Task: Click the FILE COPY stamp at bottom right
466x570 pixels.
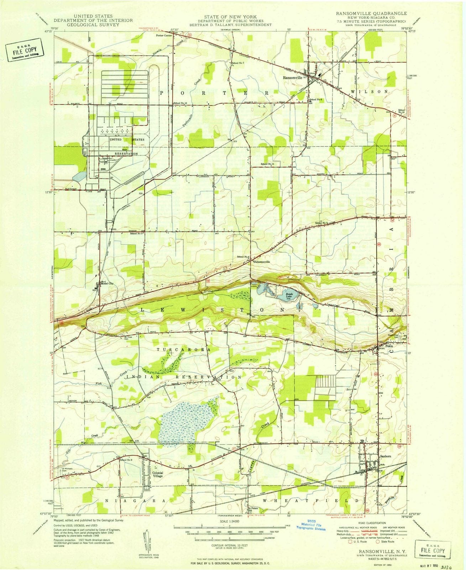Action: pyautogui.click(x=433, y=551)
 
